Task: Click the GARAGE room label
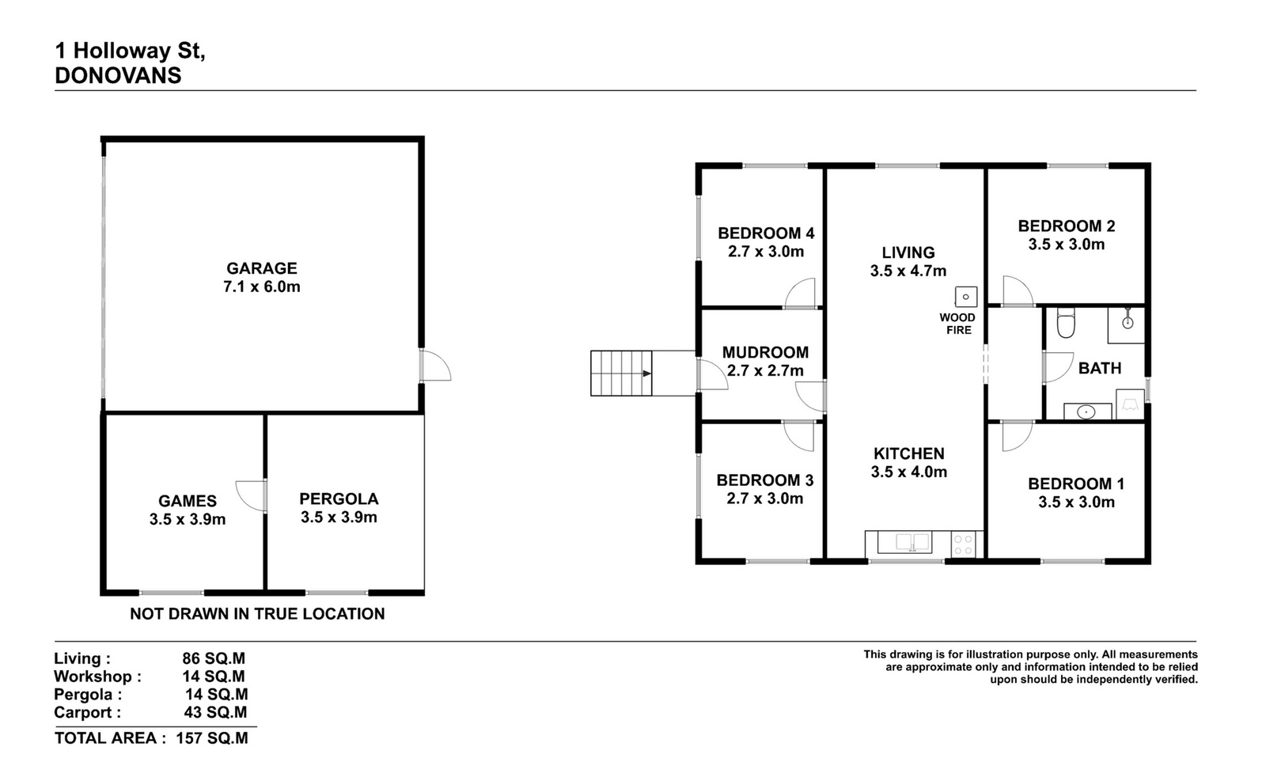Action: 262,268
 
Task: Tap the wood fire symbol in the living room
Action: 966,297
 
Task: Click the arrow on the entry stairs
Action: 647,373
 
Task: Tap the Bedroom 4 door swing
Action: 800,294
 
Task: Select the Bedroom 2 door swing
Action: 1018,291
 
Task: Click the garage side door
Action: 435,365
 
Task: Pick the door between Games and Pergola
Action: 251,495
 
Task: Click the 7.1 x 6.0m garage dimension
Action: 262,286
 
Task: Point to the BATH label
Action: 1100,369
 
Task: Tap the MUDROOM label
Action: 765,353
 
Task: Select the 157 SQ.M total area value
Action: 212,738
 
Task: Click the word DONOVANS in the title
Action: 118,75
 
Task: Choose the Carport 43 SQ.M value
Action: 215,712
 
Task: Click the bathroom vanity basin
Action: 1086,412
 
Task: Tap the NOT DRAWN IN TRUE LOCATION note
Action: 257,614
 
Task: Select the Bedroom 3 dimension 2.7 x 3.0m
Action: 764,499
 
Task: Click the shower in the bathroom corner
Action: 1126,325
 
